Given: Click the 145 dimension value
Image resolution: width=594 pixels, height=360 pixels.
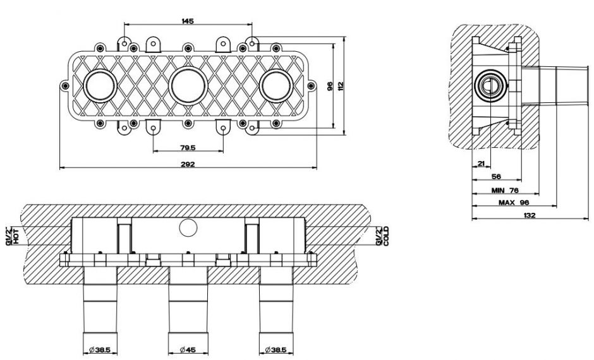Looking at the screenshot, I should point(187,21).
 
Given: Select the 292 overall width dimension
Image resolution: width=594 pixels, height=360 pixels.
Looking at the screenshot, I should point(188,164).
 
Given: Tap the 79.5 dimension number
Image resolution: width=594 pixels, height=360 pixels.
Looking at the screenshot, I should point(188,148).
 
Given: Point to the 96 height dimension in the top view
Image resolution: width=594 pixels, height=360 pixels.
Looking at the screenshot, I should point(329,87).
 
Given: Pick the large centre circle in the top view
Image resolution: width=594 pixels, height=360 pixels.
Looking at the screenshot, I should point(188,85).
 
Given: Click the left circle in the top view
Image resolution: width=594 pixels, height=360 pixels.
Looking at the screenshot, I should point(100,85).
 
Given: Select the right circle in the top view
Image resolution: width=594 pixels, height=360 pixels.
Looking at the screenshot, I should point(276,85).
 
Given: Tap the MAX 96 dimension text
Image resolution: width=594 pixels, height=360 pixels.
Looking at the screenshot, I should point(513,203).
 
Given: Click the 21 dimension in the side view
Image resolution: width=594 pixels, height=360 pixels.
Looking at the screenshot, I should point(481,164).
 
